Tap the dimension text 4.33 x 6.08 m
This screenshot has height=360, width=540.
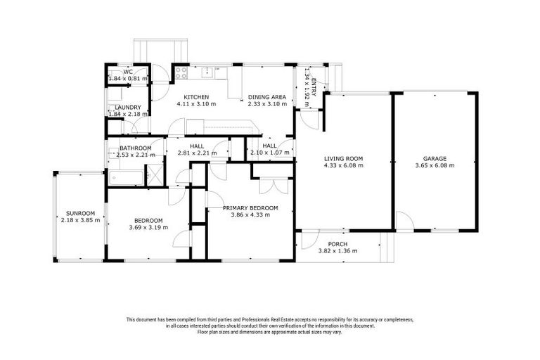343,166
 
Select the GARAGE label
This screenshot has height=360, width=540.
435,158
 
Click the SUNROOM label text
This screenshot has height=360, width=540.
81,212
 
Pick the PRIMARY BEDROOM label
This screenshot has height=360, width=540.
250,207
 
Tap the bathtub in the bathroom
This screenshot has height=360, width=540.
125,177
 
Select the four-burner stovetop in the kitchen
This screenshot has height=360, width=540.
181,71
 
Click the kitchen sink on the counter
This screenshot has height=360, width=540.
207,71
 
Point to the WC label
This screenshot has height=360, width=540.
128,72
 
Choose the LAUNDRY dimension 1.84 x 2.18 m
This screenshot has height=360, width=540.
128,114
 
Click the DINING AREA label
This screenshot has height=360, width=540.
268,97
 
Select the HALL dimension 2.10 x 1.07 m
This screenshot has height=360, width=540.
269,153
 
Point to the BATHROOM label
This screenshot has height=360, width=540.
136,148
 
